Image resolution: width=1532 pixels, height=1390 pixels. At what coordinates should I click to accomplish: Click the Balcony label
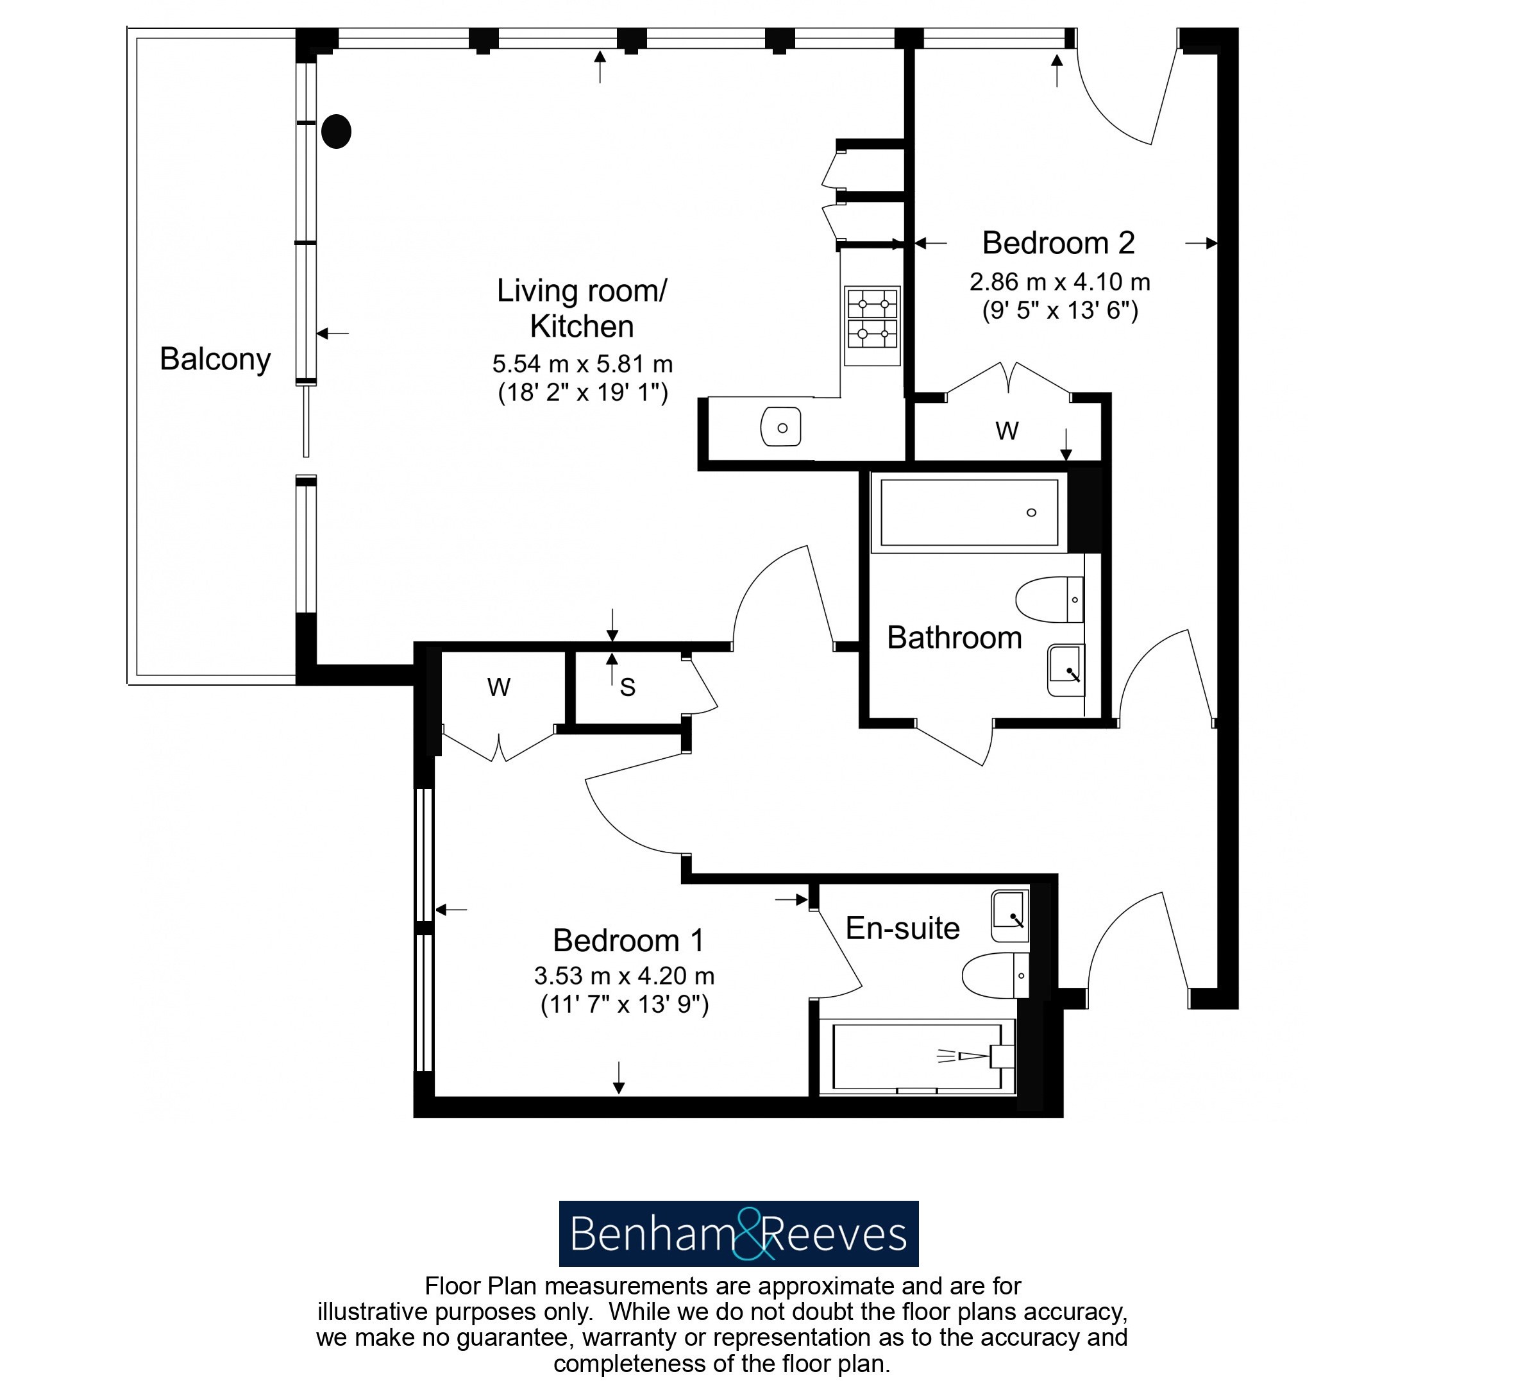[215, 359]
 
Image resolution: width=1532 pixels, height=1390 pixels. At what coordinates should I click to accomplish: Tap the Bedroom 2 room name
[1059, 243]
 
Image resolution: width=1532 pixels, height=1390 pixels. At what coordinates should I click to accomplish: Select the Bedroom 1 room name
[628, 941]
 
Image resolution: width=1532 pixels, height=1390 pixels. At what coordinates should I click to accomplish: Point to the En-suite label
[903, 928]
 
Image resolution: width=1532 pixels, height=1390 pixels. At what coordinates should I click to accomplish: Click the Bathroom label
[954, 638]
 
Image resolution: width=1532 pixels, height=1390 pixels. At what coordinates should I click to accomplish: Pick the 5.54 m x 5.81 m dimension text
[583, 364]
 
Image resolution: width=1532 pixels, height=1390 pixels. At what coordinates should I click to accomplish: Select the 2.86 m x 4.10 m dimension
[1060, 282]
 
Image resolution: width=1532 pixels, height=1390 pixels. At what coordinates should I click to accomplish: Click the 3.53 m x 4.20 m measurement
[625, 976]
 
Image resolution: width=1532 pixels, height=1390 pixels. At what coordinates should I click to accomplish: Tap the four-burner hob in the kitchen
[872, 326]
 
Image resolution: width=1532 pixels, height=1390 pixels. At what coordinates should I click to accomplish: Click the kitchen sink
[781, 427]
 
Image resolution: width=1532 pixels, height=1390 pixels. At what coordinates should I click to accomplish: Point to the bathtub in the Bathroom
[969, 511]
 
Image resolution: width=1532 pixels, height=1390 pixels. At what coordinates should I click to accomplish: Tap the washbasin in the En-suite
[1010, 916]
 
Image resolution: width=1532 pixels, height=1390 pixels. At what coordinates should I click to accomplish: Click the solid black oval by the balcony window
[336, 131]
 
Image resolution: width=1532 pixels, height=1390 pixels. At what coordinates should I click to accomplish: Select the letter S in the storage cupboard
[628, 688]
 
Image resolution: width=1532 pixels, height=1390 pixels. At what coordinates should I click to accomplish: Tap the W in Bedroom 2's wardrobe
[1007, 431]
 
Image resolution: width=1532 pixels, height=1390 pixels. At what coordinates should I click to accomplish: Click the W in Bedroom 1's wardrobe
[498, 687]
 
